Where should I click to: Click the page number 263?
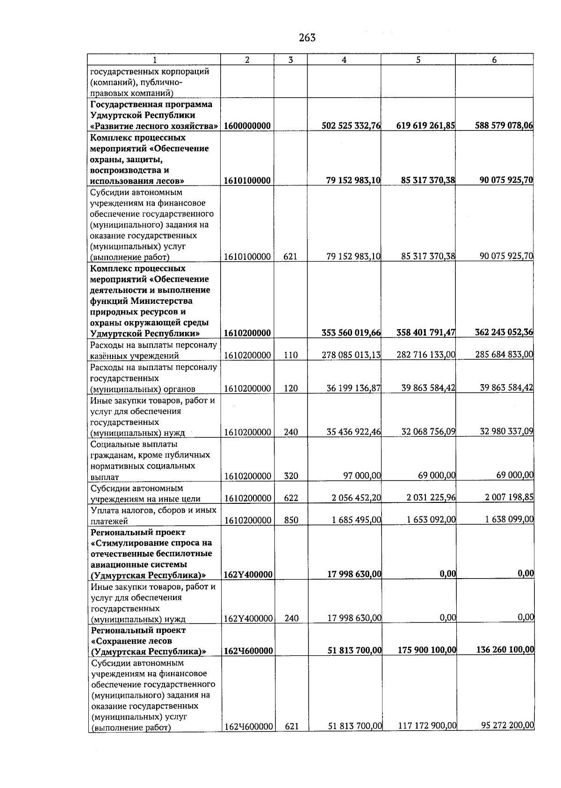coord(307,38)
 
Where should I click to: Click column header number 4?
coord(344,60)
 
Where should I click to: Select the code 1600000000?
coord(247,126)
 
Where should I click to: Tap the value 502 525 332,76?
coord(351,126)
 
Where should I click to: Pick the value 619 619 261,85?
coord(425,126)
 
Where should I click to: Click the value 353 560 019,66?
coord(351,333)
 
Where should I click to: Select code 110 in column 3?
coord(290,355)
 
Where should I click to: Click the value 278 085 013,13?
coord(351,355)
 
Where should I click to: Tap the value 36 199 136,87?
coord(353,388)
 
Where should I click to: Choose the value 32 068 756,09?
coord(428,431)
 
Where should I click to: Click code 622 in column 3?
coord(291,498)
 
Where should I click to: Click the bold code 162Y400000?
coord(248,575)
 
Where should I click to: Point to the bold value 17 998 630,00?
coord(354,574)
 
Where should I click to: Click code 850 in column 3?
coord(291,520)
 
